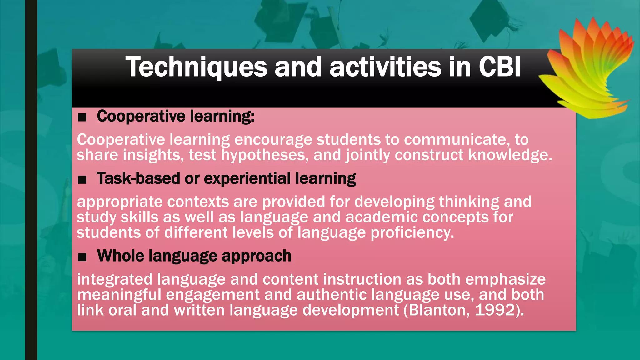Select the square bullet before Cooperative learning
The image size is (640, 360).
(82, 117)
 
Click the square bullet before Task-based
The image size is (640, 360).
(82, 180)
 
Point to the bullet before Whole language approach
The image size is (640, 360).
(82, 257)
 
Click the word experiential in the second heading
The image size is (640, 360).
(247, 179)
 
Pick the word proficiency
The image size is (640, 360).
(412, 233)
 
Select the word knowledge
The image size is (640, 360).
(510, 155)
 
